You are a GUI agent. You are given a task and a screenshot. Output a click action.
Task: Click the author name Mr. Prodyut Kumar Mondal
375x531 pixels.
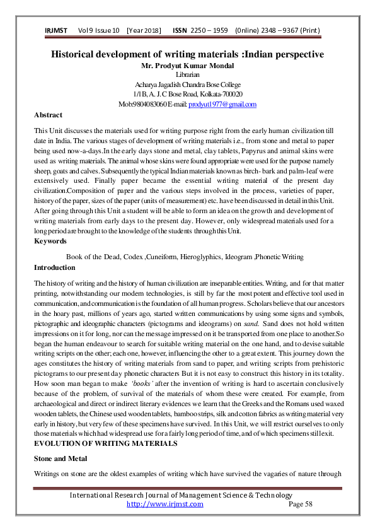click(187, 65)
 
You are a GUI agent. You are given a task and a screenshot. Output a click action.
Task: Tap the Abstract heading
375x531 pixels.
click(48, 115)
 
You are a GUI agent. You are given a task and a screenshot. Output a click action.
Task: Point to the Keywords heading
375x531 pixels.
click(50, 241)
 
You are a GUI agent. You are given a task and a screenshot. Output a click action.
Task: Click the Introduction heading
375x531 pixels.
click(54, 267)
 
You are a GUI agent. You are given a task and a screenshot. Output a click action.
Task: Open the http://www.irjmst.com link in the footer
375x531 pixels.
click(165, 504)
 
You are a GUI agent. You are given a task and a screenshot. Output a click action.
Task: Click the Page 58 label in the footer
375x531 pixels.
click(300, 504)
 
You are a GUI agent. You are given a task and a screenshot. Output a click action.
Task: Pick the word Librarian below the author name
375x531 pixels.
click(187, 74)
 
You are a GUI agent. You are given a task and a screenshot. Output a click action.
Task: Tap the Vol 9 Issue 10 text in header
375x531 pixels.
click(99, 30)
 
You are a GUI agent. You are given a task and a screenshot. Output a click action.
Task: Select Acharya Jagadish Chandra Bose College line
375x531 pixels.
click(187, 85)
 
